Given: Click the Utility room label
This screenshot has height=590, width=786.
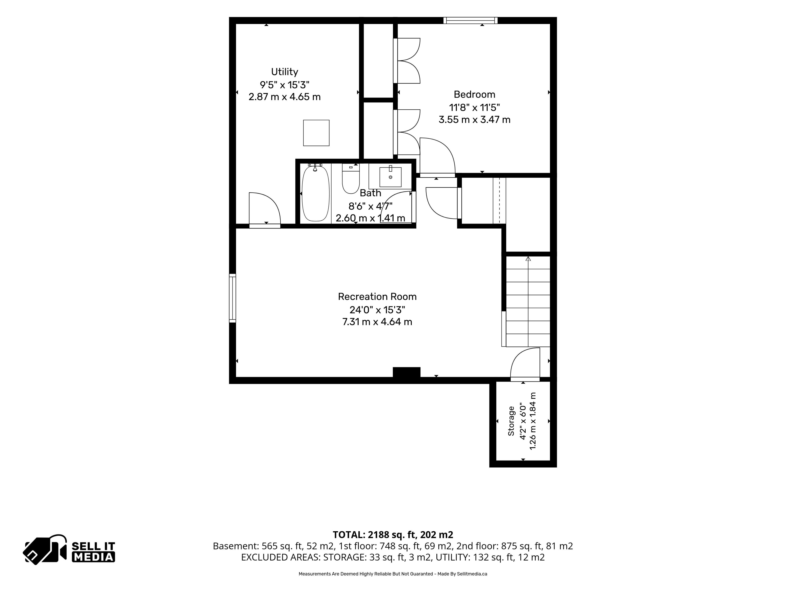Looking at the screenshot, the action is pos(285,72).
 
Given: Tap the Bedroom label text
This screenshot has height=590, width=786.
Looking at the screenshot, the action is pos(474,95).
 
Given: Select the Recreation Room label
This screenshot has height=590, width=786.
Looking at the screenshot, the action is pos(377,297).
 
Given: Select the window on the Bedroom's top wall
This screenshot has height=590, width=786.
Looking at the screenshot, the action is pos(470,20).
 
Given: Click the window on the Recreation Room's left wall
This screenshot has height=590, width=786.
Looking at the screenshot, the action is pos(232,298).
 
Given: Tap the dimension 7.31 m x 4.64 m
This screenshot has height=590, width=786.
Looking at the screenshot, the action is pos(377,322).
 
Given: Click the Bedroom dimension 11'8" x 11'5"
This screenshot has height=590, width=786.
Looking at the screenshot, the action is pos(474,107).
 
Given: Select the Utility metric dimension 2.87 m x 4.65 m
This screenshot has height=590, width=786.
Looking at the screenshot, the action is pos(285,97).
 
